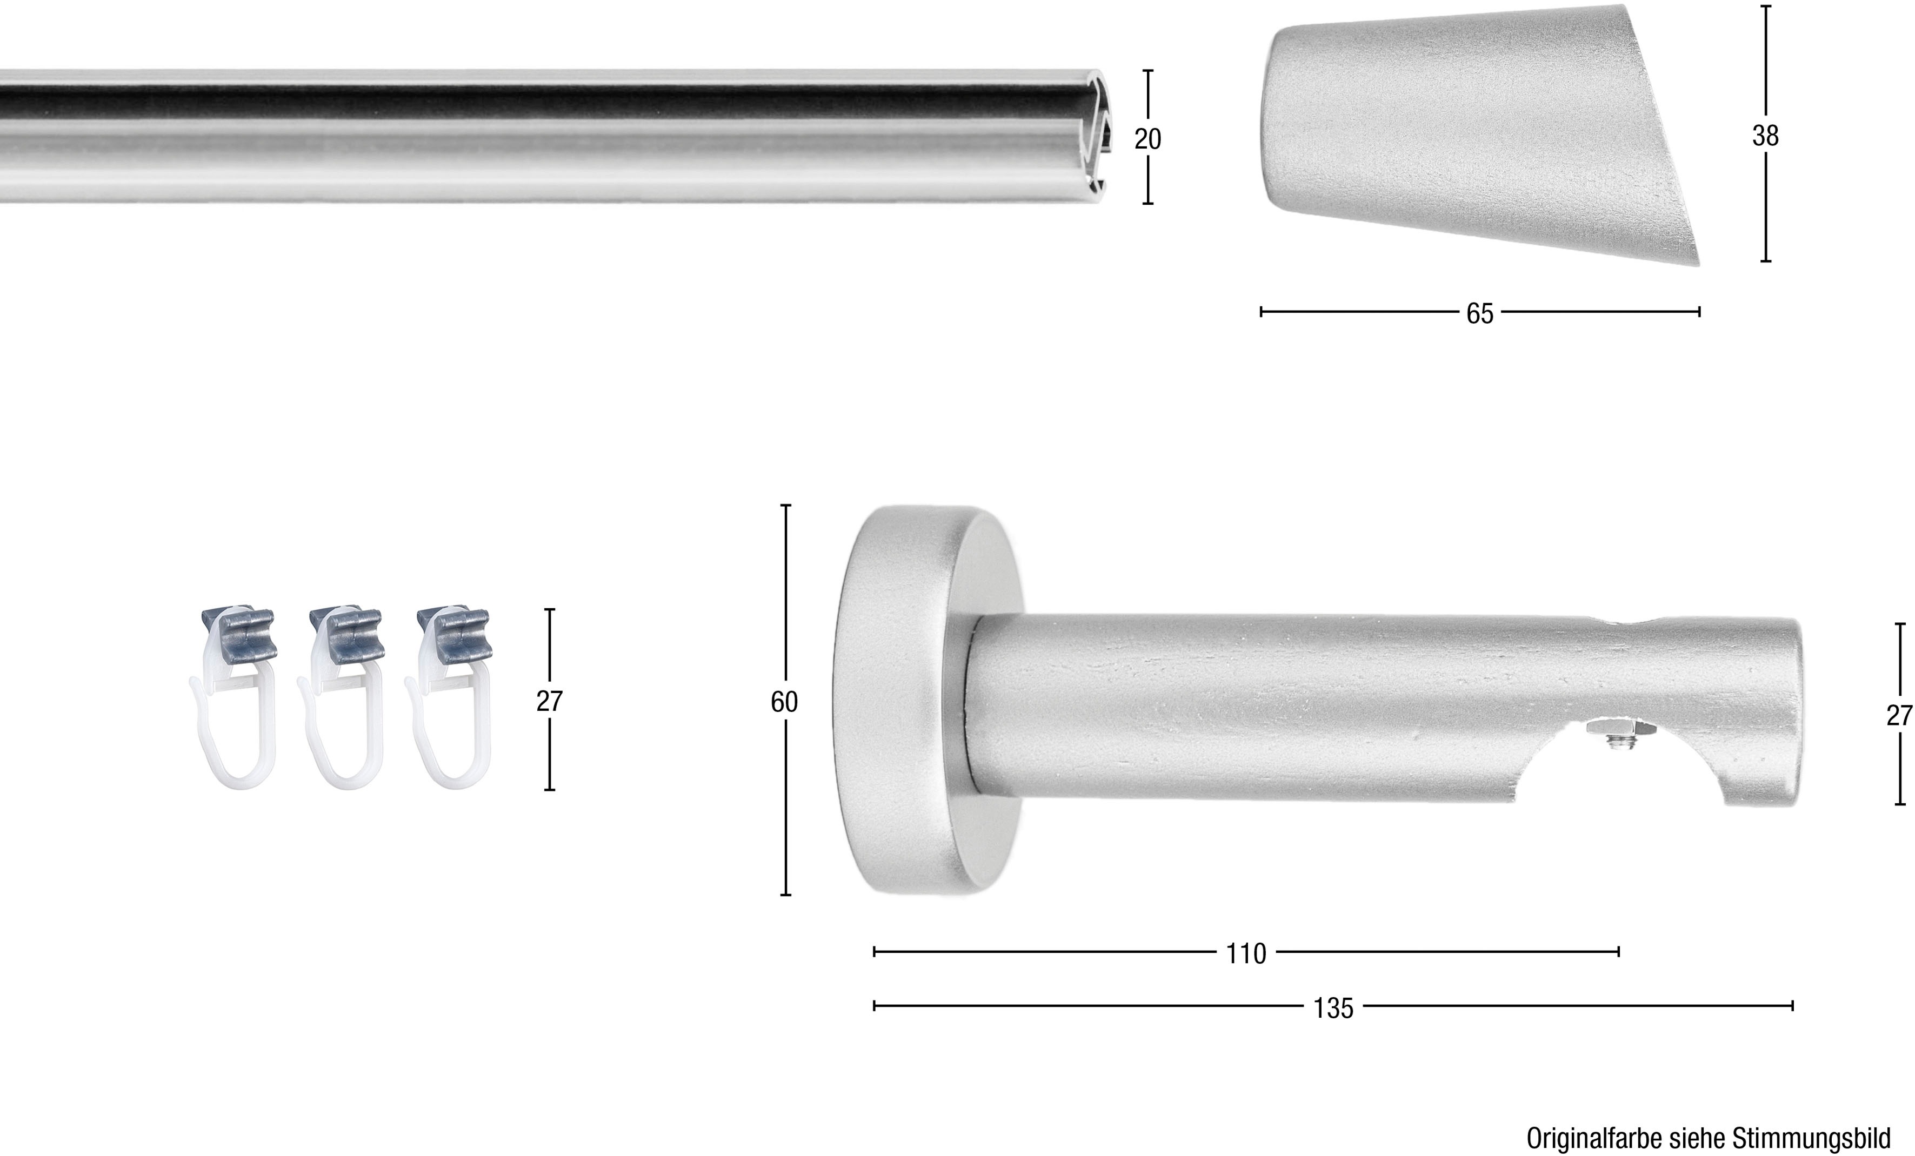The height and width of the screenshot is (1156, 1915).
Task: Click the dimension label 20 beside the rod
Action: coord(1147,139)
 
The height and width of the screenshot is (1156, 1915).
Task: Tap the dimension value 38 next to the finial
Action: coord(1765,136)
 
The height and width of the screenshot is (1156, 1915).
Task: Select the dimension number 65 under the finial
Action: coord(1480,313)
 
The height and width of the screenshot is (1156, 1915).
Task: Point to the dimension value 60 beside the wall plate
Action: coord(784,702)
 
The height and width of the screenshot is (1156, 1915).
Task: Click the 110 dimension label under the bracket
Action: coord(1246,953)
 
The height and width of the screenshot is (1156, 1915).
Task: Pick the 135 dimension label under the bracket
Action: coord(1333,1007)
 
